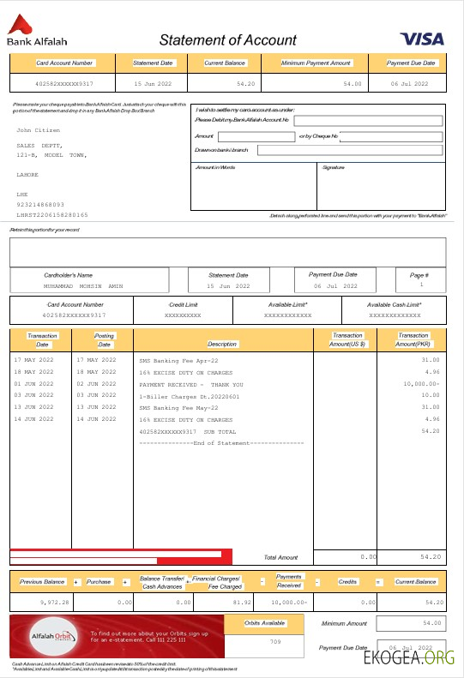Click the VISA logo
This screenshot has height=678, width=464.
click(x=421, y=39)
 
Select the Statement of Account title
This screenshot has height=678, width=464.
click(x=227, y=40)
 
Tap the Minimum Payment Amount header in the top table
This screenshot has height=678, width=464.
click(x=316, y=63)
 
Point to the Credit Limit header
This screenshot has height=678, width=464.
click(x=183, y=304)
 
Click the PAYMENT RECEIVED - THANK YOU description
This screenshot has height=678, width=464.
click(x=190, y=385)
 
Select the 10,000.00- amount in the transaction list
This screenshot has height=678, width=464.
click(x=419, y=385)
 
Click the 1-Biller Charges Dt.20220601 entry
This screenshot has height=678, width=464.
click(x=190, y=396)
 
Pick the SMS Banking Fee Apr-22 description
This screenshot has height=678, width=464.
click(x=178, y=361)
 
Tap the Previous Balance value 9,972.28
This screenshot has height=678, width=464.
click(x=53, y=603)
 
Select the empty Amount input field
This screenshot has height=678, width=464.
click(x=256, y=136)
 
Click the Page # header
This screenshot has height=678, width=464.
click(x=419, y=275)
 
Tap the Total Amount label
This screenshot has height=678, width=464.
click(x=280, y=557)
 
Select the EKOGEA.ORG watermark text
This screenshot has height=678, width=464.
click(x=408, y=658)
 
